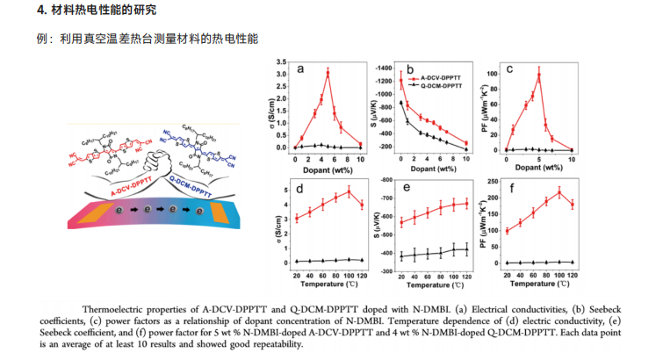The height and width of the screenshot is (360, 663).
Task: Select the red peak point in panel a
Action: click(x=328, y=73)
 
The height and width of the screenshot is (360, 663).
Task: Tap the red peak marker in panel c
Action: click(x=538, y=74)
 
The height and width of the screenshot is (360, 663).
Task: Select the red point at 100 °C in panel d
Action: click(x=349, y=191)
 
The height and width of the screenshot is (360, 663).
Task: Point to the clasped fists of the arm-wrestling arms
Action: click(x=158, y=159)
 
